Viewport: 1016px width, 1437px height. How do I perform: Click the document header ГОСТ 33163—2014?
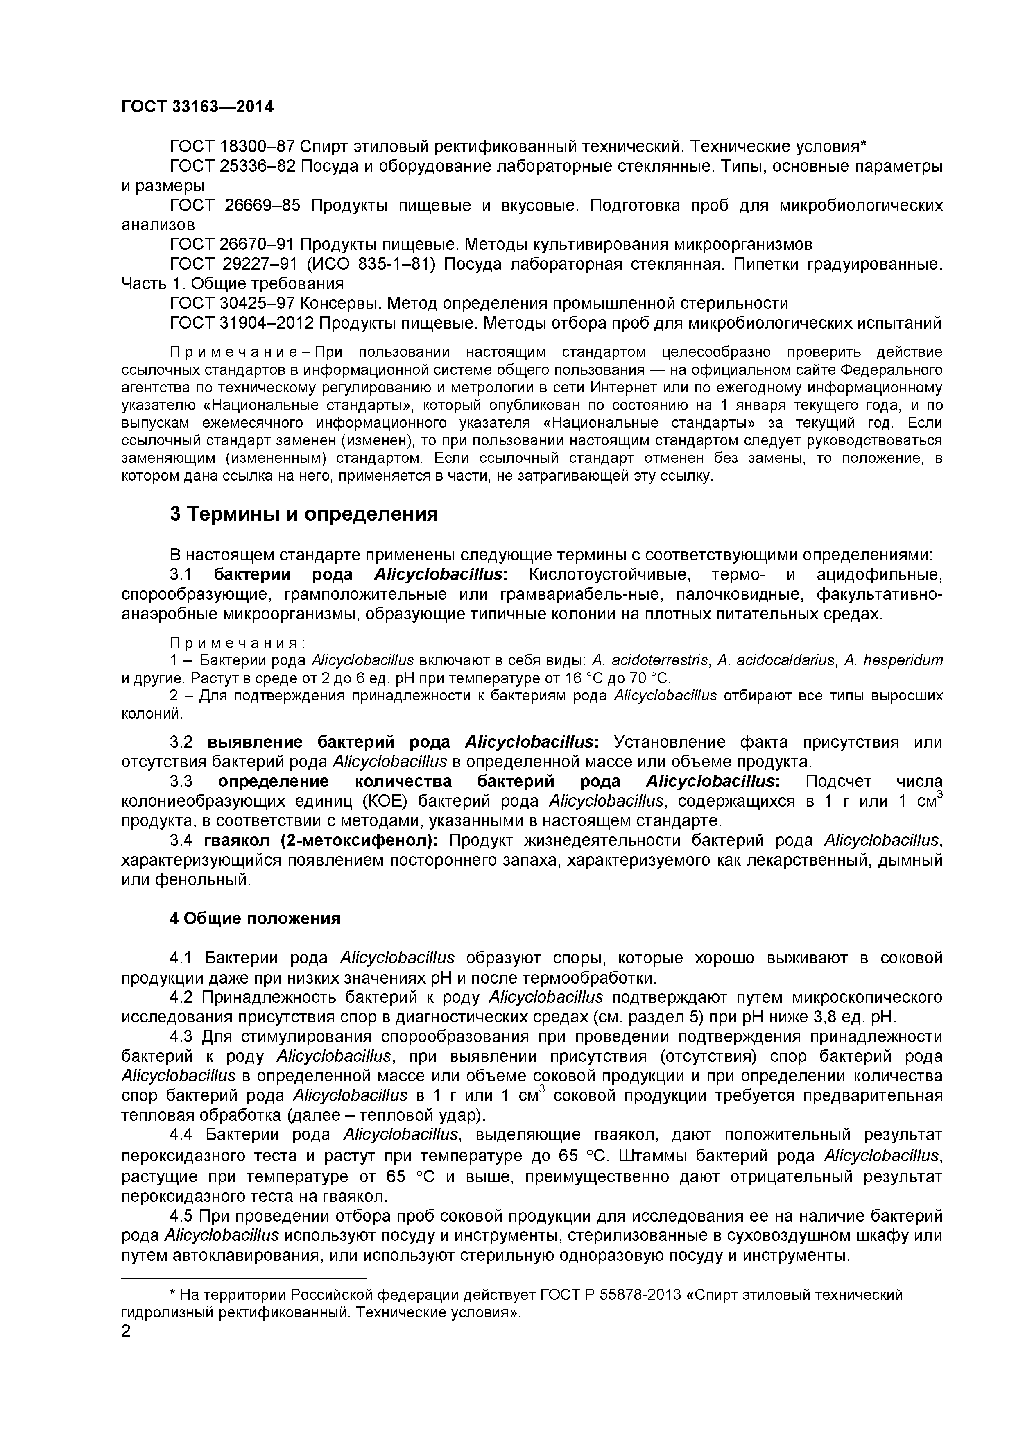tap(197, 107)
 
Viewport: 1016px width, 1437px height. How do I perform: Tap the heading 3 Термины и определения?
tap(304, 515)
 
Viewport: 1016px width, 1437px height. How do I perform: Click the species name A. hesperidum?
tap(894, 661)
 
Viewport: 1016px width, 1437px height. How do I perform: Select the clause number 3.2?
tap(183, 742)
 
